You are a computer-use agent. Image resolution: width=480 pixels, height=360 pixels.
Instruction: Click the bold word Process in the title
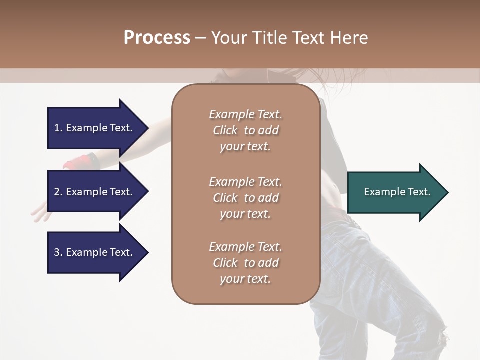[157, 38]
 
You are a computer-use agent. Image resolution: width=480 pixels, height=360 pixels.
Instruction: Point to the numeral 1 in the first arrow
[57, 128]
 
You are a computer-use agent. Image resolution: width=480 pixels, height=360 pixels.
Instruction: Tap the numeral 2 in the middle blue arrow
[57, 192]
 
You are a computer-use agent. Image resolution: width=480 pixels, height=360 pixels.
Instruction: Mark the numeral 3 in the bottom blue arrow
[57, 252]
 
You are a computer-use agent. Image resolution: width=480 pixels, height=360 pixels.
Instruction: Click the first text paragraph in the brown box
[245, 130]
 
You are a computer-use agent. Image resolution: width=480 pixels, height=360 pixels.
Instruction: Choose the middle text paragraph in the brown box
[245, 198]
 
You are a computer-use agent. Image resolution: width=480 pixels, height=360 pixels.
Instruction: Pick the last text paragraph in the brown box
[245, 263]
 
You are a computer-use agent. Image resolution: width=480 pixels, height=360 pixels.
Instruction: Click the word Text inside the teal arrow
[419, 192]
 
